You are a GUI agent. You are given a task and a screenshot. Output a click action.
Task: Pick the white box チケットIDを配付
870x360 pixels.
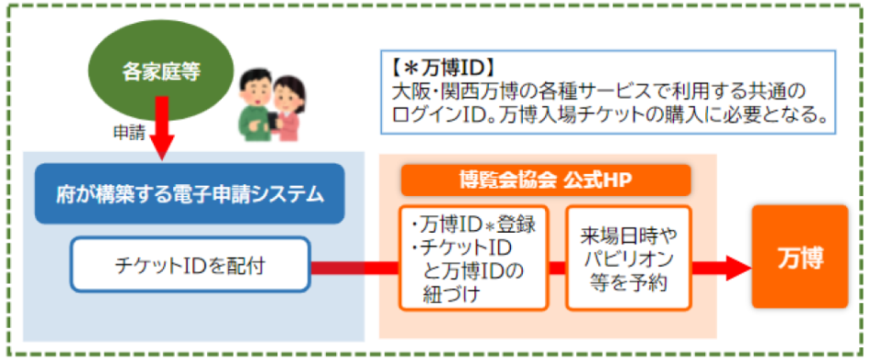[x=190, y=267]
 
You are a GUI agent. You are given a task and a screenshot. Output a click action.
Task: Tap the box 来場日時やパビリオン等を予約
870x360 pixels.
[x=627, y=257]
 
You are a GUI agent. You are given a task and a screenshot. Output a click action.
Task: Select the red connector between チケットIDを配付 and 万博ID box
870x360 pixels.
[x=354, y=267]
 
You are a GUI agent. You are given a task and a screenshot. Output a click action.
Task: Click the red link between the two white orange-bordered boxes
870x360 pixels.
[x=556, y=267]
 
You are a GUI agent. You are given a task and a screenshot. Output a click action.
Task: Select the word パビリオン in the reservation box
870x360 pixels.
[x=626, y=257]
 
